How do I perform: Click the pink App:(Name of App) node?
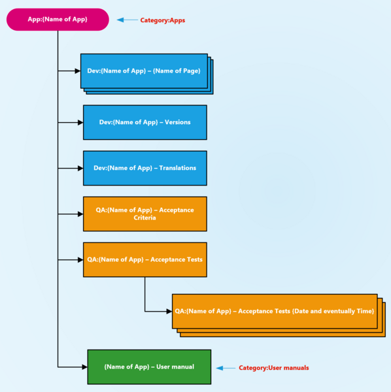(58, 20)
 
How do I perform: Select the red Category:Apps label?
(162, 20)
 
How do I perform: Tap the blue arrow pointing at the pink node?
(127, 20)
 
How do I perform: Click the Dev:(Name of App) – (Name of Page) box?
(143, 71)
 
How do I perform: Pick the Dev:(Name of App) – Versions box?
(144, 122)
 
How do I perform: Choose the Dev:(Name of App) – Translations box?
(144, 168)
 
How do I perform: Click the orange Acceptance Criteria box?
(144, 214)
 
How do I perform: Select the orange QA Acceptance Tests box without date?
(144, 259)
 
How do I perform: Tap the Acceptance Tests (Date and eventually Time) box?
(274, 311)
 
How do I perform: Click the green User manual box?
(149, 367)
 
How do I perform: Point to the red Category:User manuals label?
(273, 368)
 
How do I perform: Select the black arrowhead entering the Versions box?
(79, 122)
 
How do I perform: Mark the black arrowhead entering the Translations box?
(79, 168)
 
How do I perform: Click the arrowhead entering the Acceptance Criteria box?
(79, 214)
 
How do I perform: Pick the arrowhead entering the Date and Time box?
(168, 311)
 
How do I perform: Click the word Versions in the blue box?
(175, 122)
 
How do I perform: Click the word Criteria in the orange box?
(144, 218)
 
